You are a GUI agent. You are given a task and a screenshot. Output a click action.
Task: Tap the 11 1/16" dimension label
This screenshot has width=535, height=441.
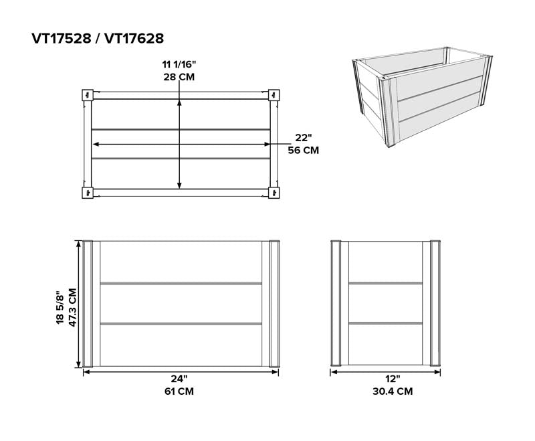pos(179,64)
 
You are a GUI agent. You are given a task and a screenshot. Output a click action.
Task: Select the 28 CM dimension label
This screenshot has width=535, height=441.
pos(179,77)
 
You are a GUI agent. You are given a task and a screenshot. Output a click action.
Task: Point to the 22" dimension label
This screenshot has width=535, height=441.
pos(303,138)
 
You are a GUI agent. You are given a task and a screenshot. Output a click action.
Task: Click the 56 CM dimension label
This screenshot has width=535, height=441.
pos(303,151)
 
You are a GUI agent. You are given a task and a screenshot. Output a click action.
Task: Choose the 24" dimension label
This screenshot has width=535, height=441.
pos(179,379)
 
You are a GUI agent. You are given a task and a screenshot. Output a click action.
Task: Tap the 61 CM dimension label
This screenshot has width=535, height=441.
pos(179,391)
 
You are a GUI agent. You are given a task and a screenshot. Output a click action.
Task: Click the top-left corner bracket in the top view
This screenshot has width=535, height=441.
pos(87,95)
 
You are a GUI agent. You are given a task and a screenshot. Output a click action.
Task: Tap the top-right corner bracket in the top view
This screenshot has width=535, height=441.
pos(274,95)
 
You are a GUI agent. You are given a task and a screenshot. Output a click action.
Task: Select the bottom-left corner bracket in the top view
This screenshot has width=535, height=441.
pos(87,193)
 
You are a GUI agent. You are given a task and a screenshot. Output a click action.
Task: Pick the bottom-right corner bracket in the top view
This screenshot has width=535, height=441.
pos(274,193)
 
